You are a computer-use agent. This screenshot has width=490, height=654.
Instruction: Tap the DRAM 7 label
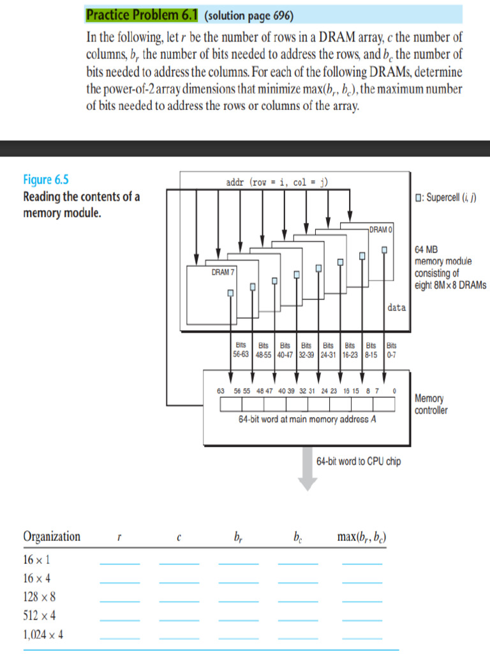(x=223, y=272)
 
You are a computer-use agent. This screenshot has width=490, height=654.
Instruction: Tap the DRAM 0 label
(x=381, y=229)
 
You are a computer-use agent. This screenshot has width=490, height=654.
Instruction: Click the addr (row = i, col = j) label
(x=277, y=182)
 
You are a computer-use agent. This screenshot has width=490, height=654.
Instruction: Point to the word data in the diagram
(x=396, y=308)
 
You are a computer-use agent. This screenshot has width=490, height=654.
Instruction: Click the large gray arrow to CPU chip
(x=308, y=469)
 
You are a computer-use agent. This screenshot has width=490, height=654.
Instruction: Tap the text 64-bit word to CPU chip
(x=359, y=461)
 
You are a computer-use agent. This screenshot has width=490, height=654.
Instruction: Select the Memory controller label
(x=431, y=404)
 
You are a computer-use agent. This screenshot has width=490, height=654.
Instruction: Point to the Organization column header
(x=52, y=536)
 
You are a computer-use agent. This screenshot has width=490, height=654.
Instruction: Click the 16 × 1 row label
(x=36, y=560)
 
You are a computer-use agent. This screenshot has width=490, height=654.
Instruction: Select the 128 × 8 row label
(x=40, y=597)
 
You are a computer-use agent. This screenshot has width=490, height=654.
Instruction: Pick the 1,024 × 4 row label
(x=43, y=635)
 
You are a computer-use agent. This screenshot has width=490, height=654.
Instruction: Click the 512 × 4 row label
(x=40, y=616)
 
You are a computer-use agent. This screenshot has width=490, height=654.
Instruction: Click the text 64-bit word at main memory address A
(x=307, y=420)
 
